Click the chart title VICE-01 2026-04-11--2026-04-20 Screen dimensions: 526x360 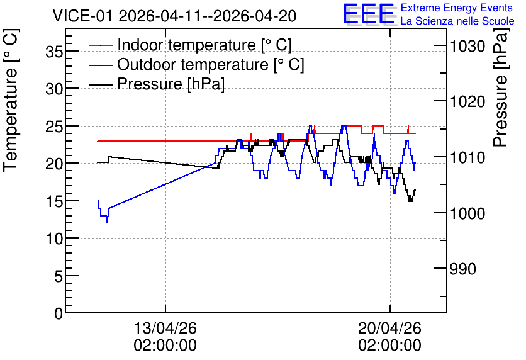(x=174, y=16)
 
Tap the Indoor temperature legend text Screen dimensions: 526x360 (x=204, y=45)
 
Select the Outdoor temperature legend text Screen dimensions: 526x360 (x=211, y=64)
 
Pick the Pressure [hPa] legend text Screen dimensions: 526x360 (x=171, y=84)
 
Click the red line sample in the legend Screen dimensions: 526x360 (x=100, y=45)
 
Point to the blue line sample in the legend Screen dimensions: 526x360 (x=100, y=65)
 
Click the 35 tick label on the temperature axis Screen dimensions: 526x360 (x=54, y=52)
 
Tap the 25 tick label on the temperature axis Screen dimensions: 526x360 (x=54, y=127)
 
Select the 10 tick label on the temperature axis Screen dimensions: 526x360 (x=54, y=239)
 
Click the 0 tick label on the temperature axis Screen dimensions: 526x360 (x=59, y=313)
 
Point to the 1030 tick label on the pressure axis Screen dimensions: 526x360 (x=467, y=46)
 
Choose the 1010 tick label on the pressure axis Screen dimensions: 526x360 (x=467, y=157)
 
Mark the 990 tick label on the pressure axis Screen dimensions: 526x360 (x=462, y=269)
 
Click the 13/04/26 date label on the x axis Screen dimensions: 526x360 (x=165, y=328)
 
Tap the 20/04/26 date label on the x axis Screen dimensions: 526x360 (x=389, y=328)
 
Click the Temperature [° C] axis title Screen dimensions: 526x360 (x=11, y=100)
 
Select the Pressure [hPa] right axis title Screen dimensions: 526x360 (x=501, y=87)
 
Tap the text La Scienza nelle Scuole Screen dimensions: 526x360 (x=457, y=21)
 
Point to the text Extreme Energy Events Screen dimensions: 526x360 (x=457, y=8)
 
